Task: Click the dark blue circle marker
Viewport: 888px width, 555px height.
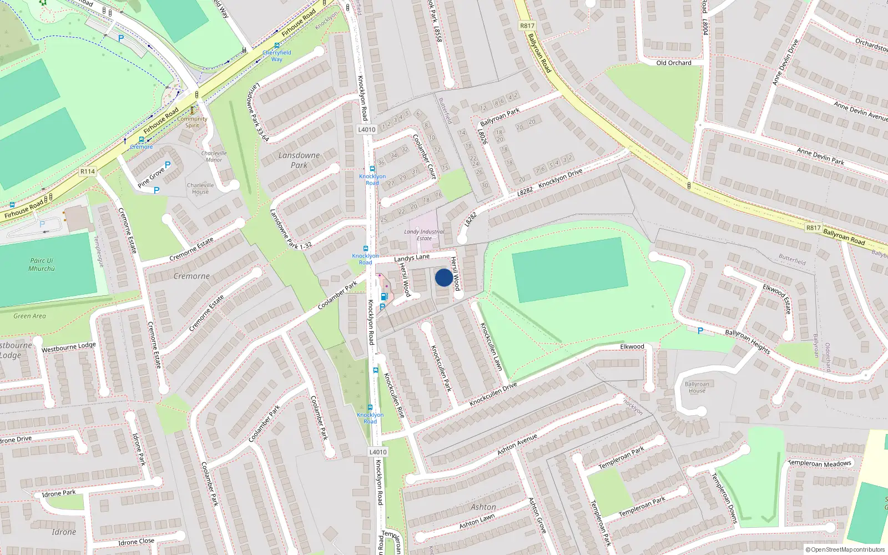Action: click(443, 277)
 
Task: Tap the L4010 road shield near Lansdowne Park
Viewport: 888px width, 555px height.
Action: click(367, 129)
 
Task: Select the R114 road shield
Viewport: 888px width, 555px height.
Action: click(88, 171)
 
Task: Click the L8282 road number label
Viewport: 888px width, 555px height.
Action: click(525, 191)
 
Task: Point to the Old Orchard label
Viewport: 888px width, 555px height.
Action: click(674, 63)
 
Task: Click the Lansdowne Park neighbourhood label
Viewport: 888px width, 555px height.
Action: click(299, 160)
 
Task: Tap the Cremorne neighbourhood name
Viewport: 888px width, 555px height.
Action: click(191, 276)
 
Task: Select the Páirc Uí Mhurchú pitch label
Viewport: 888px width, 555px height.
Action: click(42, 264)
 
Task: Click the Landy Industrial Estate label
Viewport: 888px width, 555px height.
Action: click(424, 235)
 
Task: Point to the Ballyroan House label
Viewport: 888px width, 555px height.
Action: click(697, 387)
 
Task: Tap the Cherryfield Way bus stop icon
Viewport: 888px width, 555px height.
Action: click(277, 46)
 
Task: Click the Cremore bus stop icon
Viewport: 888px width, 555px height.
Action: click(142, 140)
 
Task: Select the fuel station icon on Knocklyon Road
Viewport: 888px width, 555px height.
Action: click(384, 297)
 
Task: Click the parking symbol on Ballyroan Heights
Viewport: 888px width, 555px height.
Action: click(700, 331)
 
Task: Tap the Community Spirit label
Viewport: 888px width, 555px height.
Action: click(193, 122)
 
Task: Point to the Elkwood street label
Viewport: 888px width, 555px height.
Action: click(632, 346)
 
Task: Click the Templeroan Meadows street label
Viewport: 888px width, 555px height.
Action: click(819, 463)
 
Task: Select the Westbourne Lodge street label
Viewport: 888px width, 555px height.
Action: click(69, 347)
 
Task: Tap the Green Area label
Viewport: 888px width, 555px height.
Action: click(30, 316)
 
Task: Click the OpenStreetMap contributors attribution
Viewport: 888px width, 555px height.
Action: click(845, 549)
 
